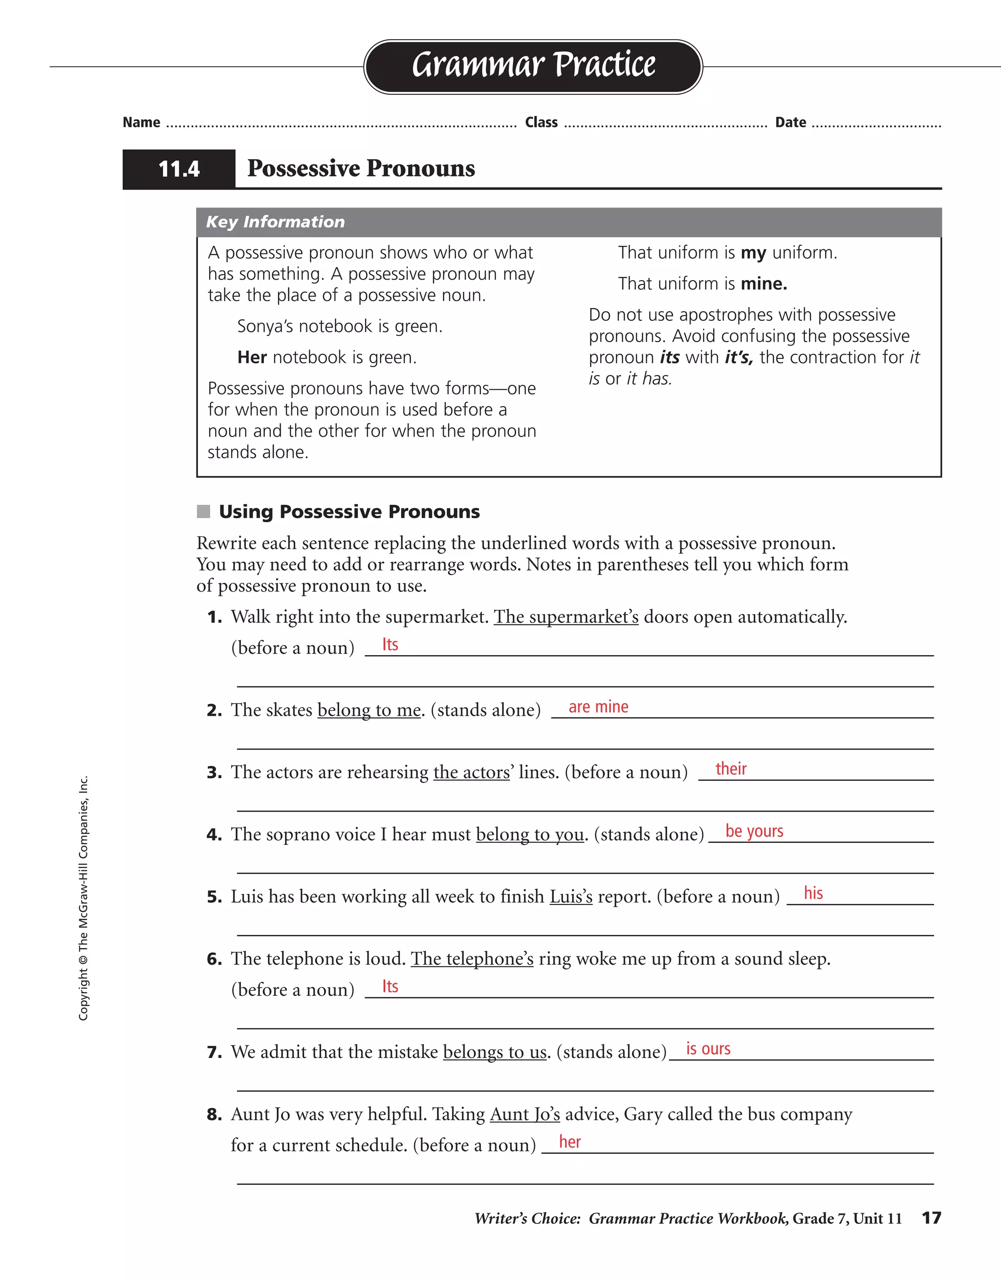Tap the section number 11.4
coord(179,170)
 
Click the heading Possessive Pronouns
coord(361,168)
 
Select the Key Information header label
coord(275,221)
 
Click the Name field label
coord(141,123)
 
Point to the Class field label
coord(541,123)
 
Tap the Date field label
coord(790,123)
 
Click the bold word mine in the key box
coord(763,284)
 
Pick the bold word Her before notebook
coord(252,357)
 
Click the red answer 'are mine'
coord(598,707)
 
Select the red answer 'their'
coord(731,769)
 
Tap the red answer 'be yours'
coord(754,831)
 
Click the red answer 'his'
coord(813,893)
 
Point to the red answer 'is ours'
coord(708,1049)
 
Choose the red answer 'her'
coord(569,1142)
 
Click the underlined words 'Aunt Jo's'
coord(525,1114)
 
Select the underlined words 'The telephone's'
coord(472,959)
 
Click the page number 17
coord(931,1218)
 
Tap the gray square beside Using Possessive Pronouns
coord(203,511)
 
